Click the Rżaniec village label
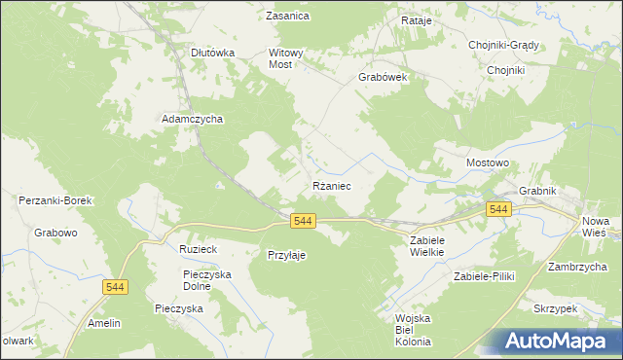331,185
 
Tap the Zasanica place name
287,16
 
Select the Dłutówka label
213,53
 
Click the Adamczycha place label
193,119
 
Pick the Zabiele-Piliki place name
484,276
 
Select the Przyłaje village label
287,255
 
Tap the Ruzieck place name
198,249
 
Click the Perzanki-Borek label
55,200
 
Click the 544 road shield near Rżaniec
303,222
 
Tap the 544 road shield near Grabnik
499,209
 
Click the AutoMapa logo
560,341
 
